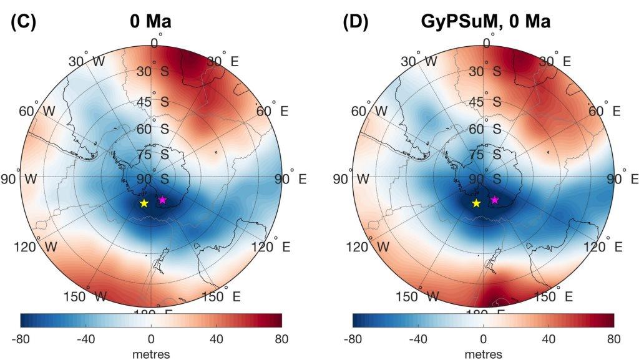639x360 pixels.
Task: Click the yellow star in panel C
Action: click(144, 203)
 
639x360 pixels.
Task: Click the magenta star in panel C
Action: click(162, 200)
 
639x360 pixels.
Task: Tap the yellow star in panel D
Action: click(476, 203)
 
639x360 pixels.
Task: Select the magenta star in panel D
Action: click(494, 200)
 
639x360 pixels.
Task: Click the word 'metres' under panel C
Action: click(151, 354)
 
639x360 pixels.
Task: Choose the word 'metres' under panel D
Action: click(483, 354)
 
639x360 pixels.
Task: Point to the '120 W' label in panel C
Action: click(36, 246)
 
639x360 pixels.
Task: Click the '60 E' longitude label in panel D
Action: click(605, 111)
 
